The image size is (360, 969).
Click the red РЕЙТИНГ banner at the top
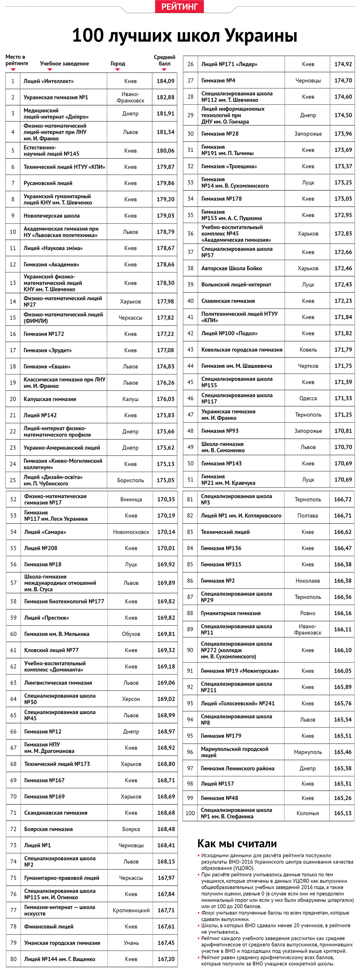[179, 6]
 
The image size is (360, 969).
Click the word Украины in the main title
[261, 36]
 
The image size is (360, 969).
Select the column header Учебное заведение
[64, 64]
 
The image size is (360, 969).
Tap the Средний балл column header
[164, 60]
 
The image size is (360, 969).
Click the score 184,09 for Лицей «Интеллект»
[166, 81]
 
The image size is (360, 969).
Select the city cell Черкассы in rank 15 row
[130, 318]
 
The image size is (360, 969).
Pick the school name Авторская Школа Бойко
[231, 269]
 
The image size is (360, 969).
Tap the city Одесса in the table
[308, 398]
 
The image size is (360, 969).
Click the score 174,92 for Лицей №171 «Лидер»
[343, 64]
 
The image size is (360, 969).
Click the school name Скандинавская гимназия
[56, 813]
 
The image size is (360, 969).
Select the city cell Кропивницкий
[131, 910]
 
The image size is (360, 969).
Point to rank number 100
[190, 813]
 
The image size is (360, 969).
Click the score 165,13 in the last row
[343, 813]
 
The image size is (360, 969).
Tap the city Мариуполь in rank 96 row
[308, 752]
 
